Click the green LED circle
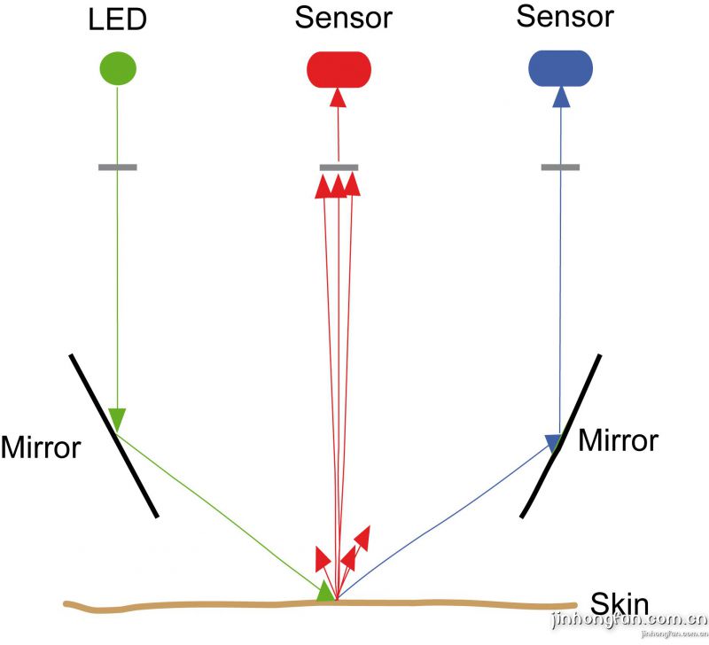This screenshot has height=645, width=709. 117,69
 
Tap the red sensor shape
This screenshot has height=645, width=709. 338,69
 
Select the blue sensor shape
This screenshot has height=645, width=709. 559,68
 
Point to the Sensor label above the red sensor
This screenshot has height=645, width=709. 344,17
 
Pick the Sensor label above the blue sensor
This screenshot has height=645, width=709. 565,15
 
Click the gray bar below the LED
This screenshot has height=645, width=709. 117,167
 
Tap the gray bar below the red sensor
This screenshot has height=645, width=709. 338,167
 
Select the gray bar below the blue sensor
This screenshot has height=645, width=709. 559,167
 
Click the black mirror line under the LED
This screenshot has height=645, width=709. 114,434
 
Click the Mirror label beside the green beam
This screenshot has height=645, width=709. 40,447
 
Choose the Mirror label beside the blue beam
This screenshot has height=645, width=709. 618,439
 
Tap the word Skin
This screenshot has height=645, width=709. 619,605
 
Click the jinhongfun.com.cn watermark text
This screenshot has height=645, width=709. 629,620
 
